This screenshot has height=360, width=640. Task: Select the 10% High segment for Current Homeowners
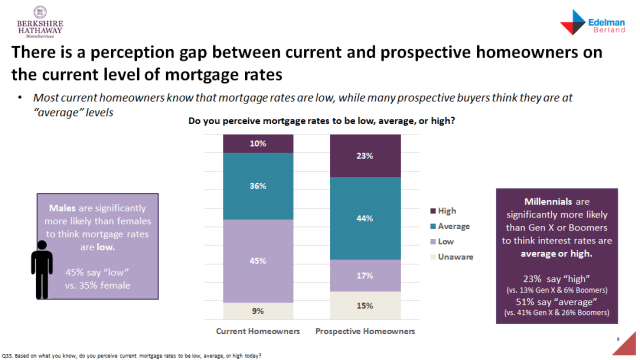257,143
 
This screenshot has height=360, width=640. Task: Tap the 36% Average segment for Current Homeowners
257,185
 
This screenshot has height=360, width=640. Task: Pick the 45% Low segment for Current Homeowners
257,260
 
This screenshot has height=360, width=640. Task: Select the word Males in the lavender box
65,209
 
